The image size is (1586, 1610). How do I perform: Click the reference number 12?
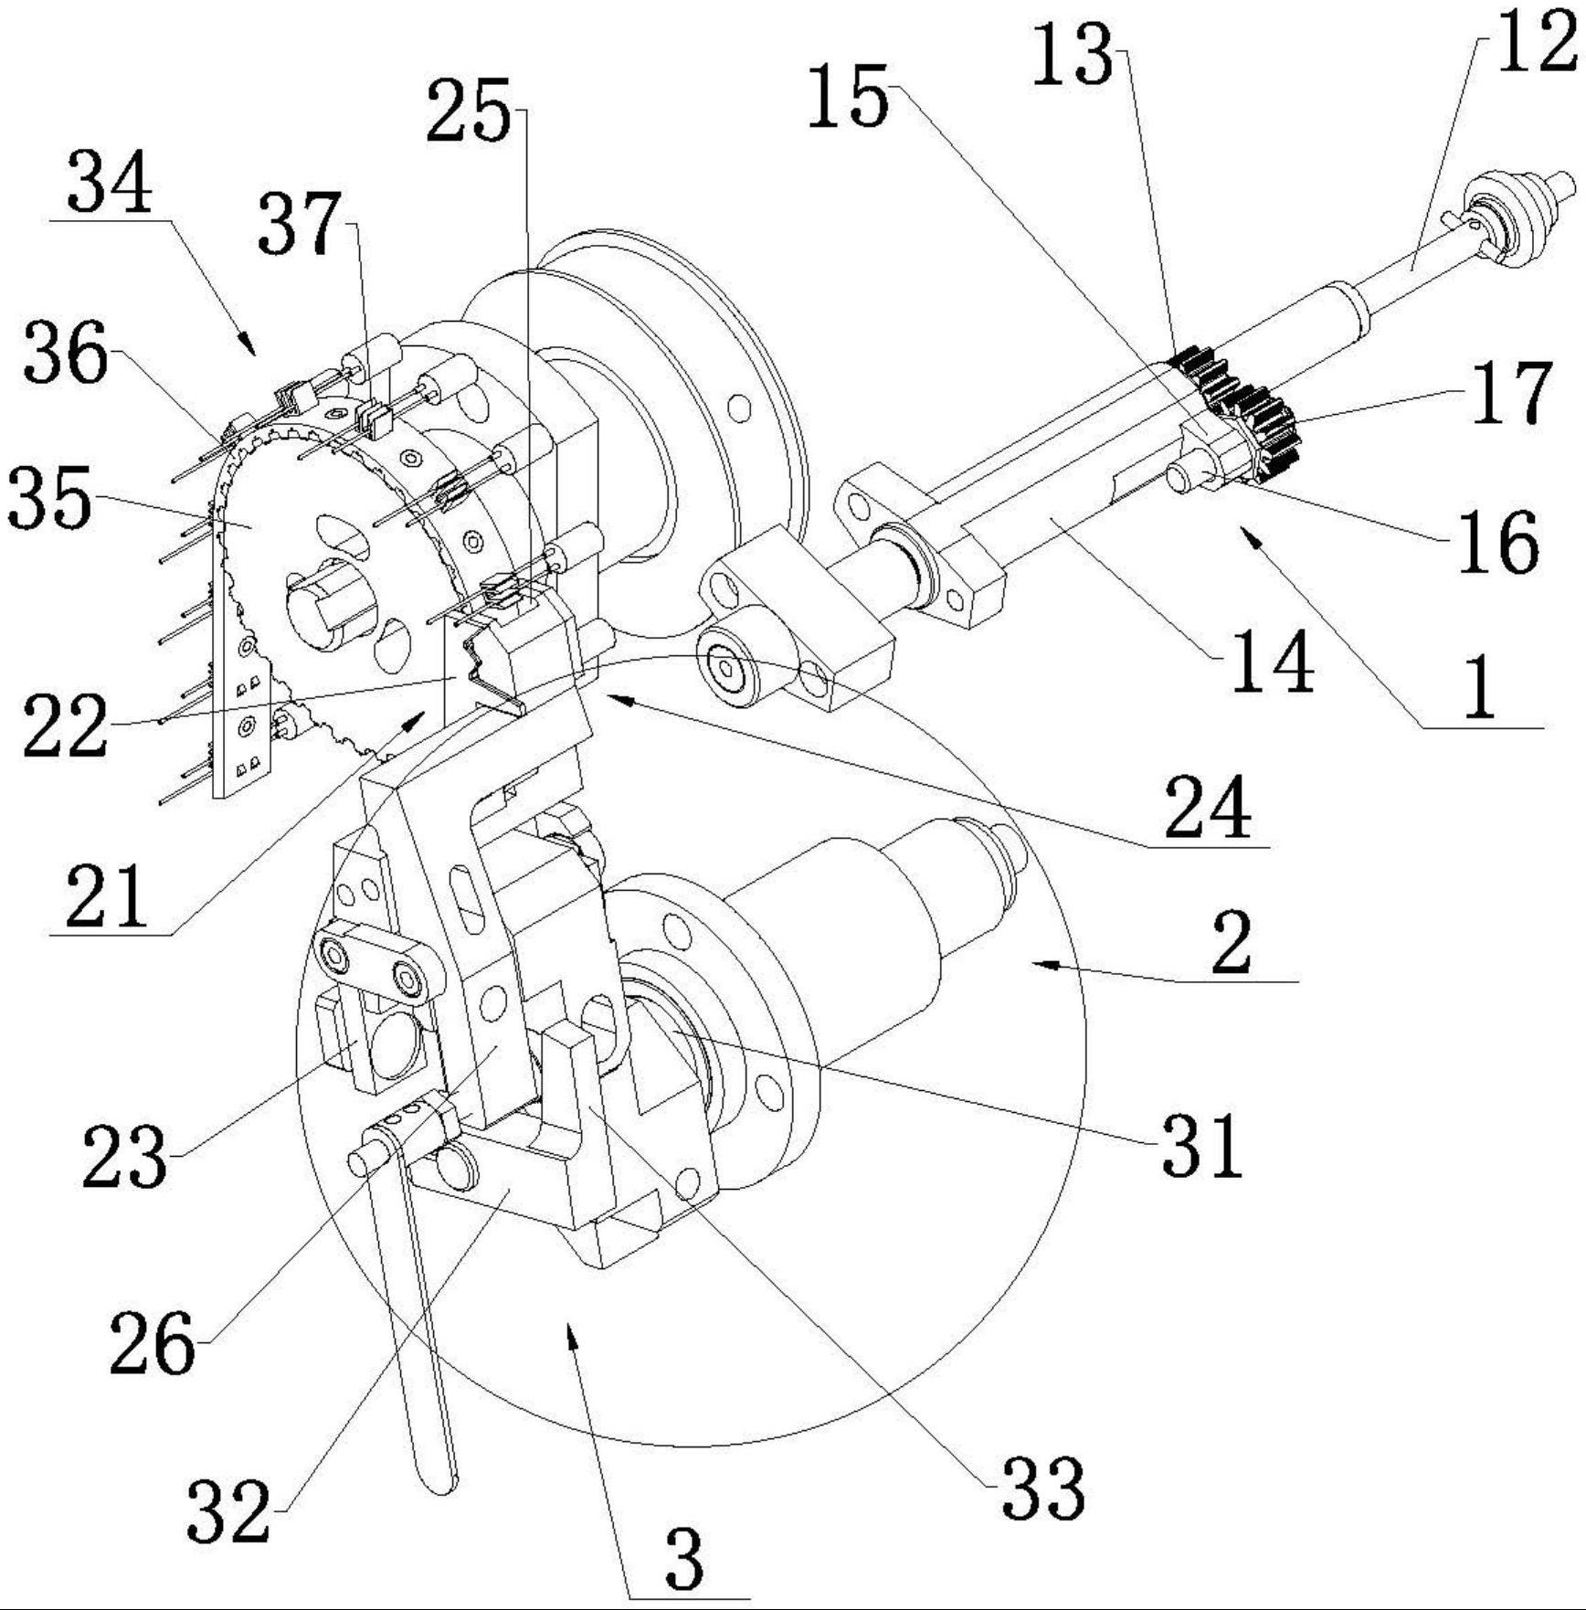click(x=1536, y=43)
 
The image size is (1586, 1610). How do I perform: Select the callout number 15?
click(x=847, y=96)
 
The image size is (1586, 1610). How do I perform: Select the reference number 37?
click(x=299, y=223)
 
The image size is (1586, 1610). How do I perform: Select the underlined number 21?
click(x=106, y=896)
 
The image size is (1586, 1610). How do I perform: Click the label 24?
click(x=1207, y=807)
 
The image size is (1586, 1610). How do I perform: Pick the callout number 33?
click(x=1042, y=1488)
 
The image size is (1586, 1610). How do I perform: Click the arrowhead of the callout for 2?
click(x=1042, y=963)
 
